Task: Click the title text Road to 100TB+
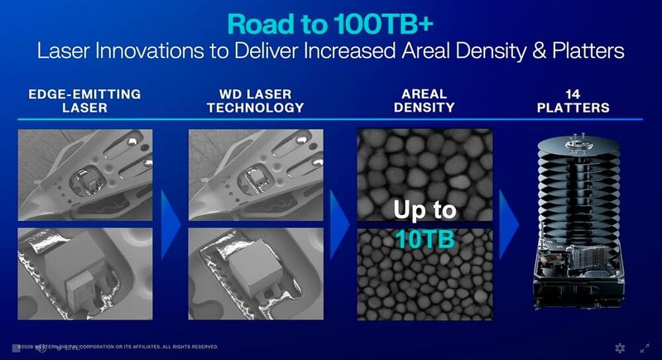pos(331,20)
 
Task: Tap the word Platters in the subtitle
pos(585,51)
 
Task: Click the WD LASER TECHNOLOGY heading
pos(243,100)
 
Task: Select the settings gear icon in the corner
pos(620,348)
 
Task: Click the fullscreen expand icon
pos(645,348)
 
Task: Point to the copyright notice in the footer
pos(116,348)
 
